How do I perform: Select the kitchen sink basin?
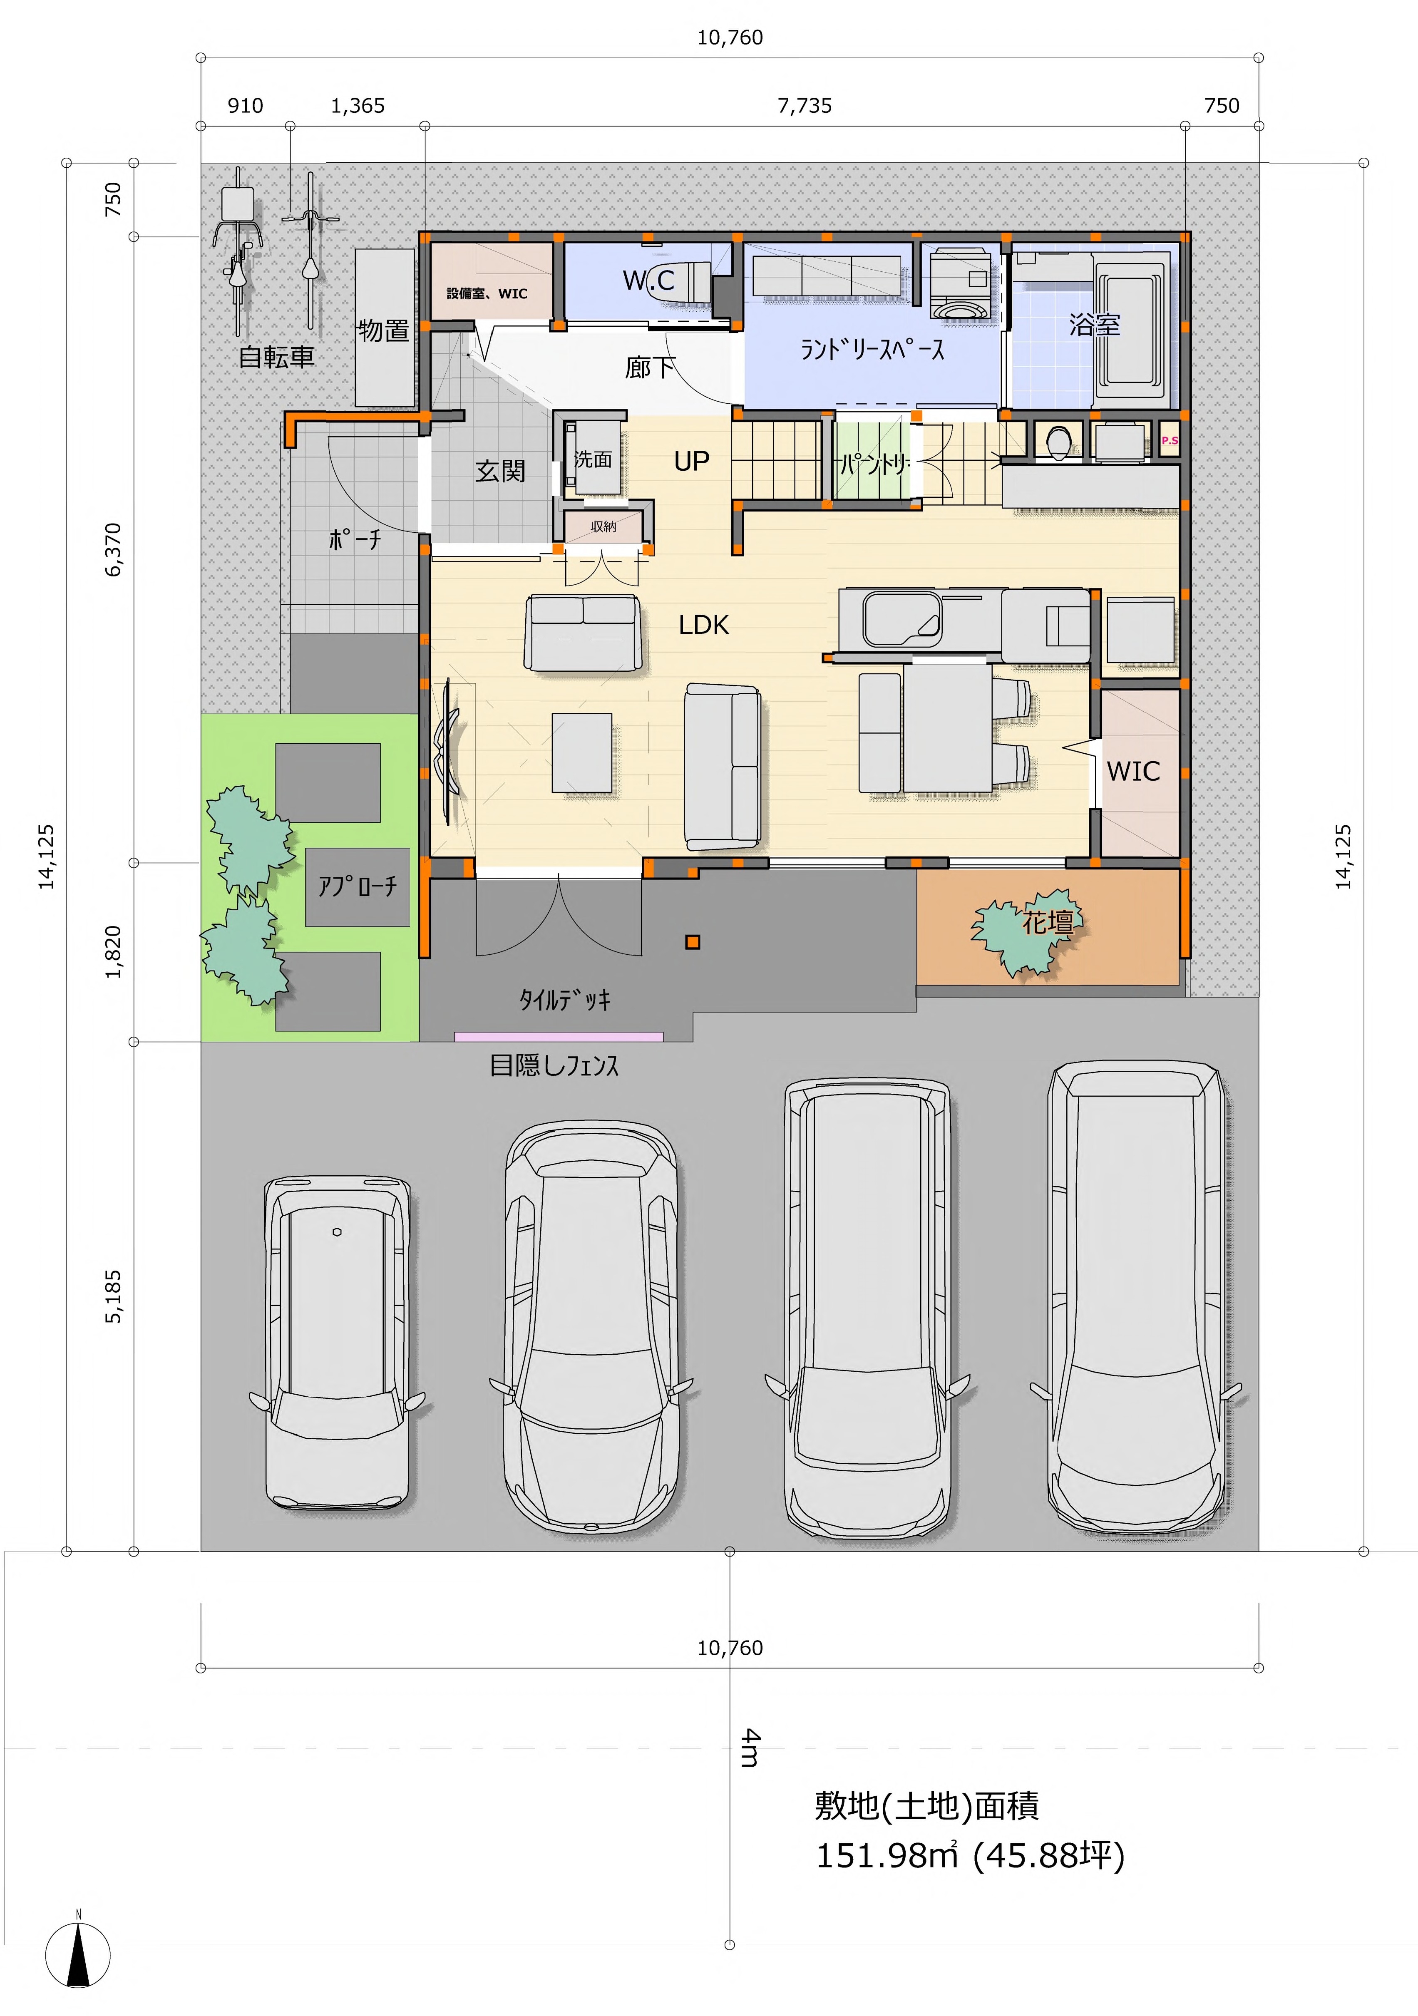click(902, 619)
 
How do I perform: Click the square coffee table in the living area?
click(581, 752)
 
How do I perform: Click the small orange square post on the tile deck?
click(693, 942)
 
